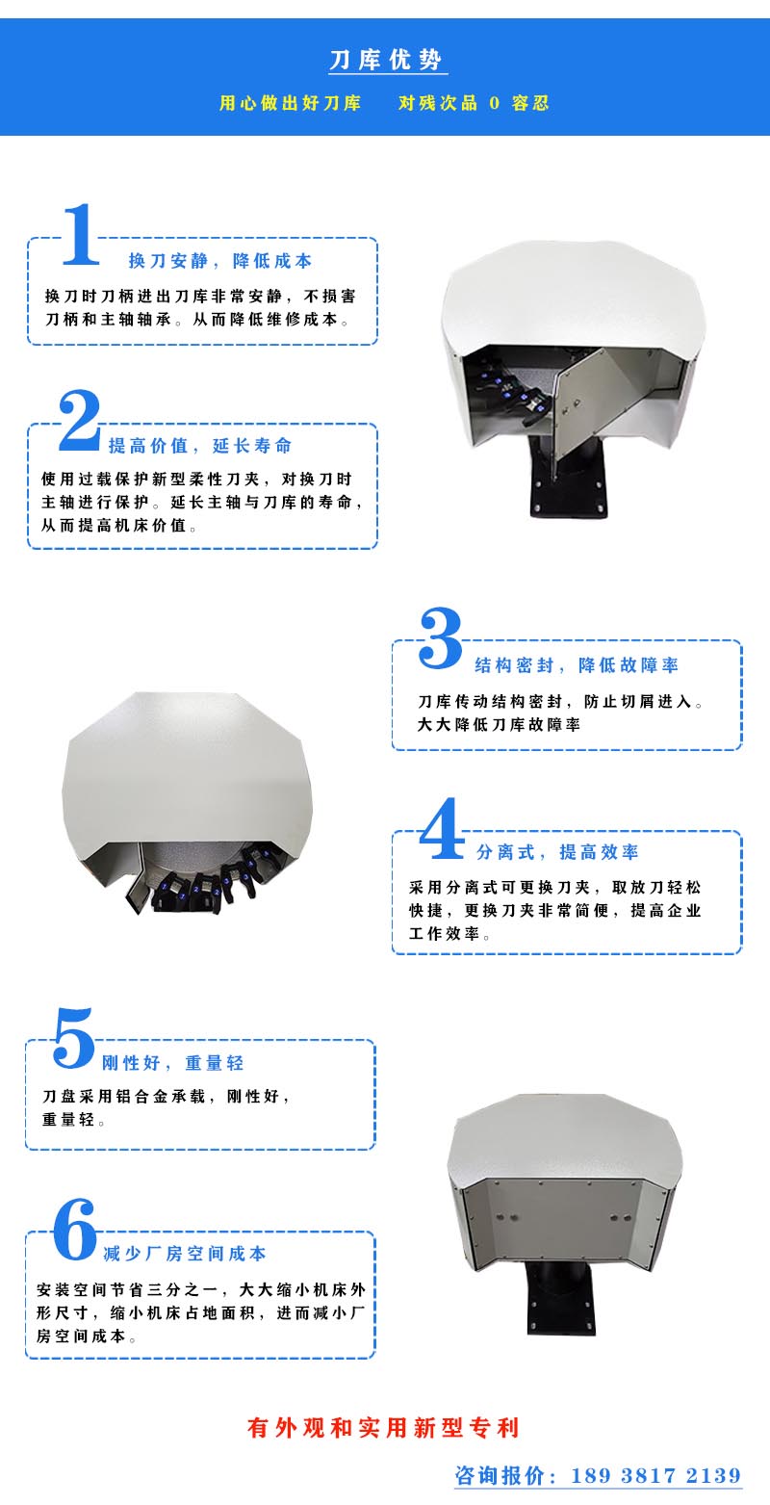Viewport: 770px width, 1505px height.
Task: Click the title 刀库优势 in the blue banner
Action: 385,61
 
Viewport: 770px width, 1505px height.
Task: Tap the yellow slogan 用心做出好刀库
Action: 290,103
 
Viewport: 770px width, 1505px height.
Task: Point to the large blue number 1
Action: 81,234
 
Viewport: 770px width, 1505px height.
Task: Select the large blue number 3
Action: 441,637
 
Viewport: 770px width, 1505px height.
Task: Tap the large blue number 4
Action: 441,828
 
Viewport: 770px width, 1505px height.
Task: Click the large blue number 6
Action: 74,1229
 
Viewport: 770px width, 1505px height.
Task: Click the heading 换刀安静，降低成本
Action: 220,261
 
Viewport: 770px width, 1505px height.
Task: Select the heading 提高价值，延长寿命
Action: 200,446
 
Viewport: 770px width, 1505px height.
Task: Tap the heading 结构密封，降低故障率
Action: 577,665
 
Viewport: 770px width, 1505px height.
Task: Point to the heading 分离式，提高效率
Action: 557,852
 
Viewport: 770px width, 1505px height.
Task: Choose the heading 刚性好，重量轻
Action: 172,1063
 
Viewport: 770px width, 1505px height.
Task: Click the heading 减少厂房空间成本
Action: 185,1254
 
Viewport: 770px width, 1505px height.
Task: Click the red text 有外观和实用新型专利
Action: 383,1428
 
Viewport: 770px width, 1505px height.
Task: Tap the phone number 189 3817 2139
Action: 655,1475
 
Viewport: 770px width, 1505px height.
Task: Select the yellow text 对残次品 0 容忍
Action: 474,103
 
